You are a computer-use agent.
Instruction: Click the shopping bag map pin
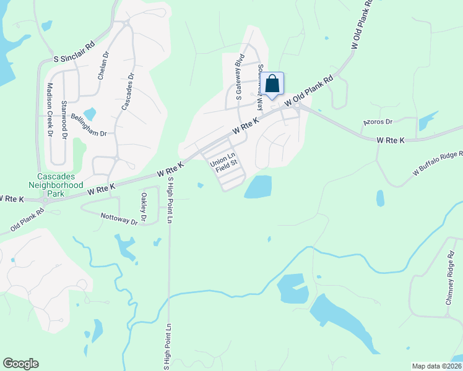272,84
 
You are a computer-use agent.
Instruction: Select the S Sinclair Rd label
74,58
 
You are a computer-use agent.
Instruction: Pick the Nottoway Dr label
118,218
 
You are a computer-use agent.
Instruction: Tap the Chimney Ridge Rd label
450,281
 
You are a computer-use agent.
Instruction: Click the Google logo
21,364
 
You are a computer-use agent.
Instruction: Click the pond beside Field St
258,186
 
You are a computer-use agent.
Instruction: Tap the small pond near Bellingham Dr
90,114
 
